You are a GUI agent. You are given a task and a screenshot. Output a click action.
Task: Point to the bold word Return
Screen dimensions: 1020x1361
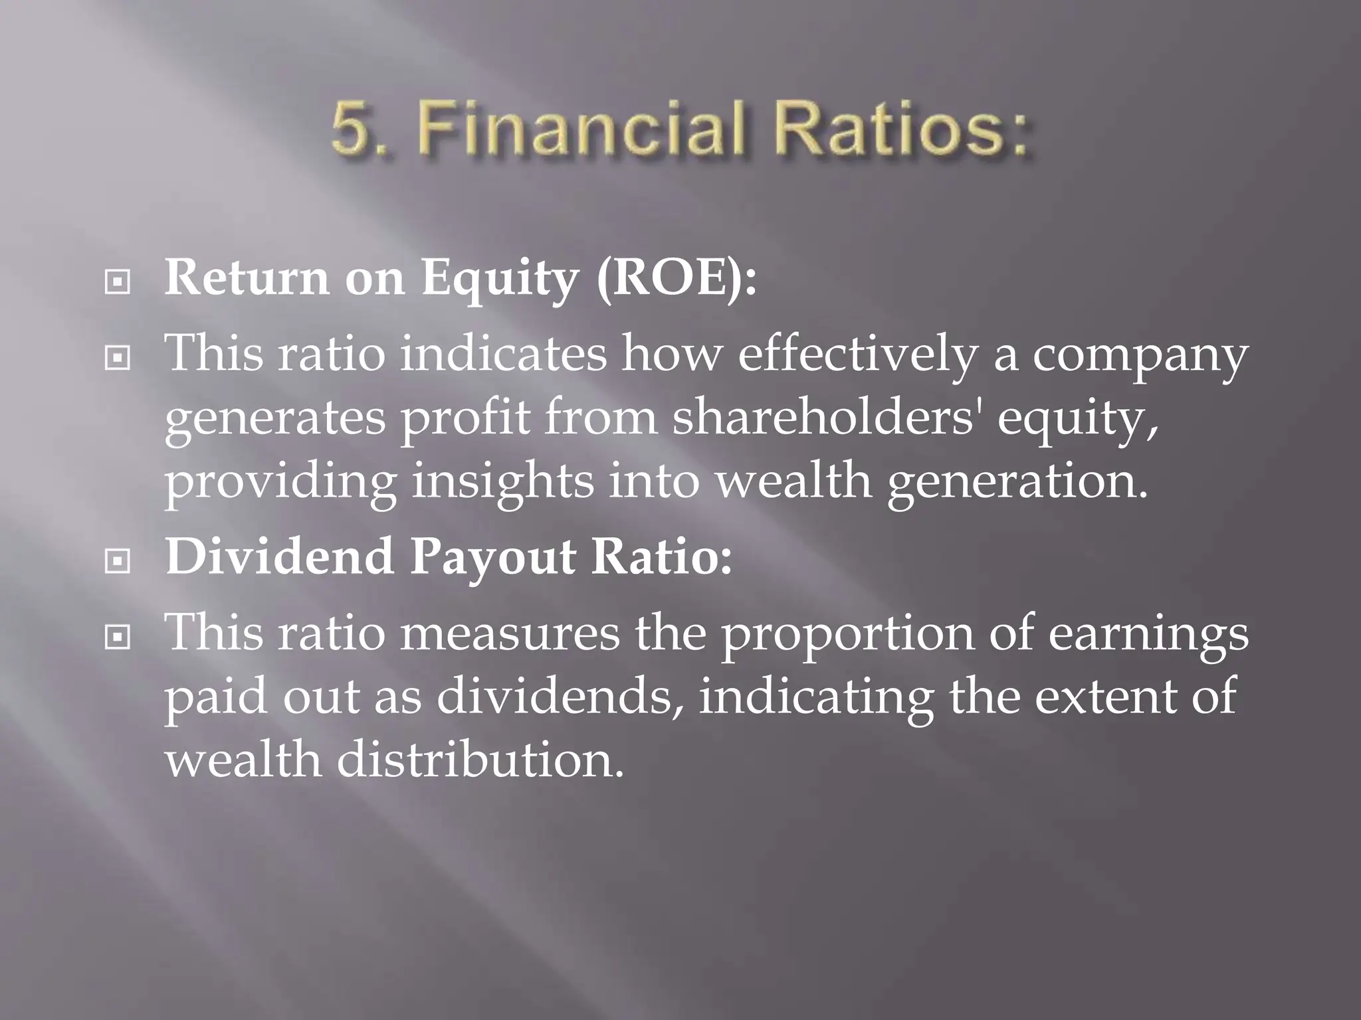[247, 278]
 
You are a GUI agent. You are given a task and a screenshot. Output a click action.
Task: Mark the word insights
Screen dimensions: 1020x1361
[502, 481]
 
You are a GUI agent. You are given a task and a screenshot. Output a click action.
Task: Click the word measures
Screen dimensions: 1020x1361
[510, 633]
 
